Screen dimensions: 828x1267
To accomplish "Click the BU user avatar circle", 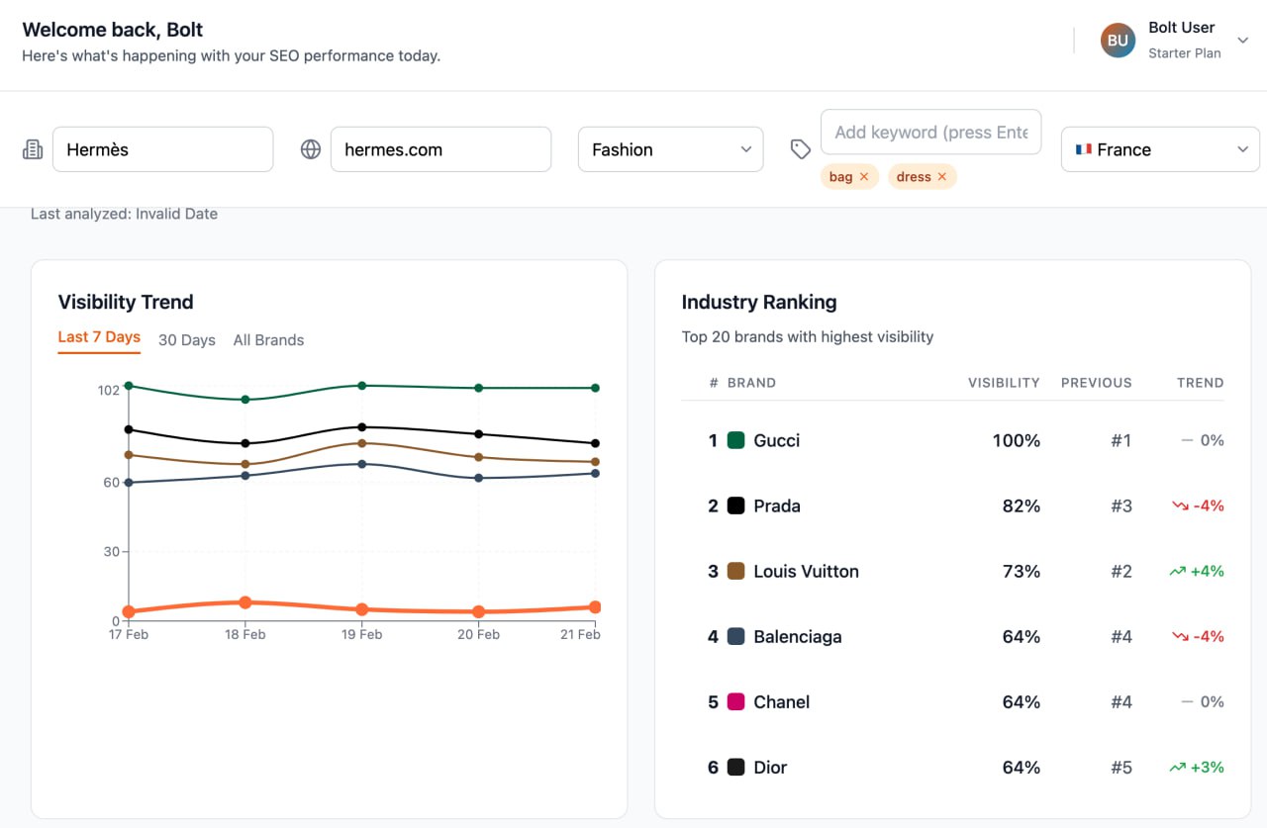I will pyautogui.click(x=1118, y=41).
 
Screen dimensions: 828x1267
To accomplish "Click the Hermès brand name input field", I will pyautogui.click(x=162, y=149).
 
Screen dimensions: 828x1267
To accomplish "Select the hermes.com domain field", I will pyautogui.click(x=440, y=149).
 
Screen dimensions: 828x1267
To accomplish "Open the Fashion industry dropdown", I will pyautogui.click(x=670, y=149).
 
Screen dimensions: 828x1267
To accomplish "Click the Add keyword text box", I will pyautogui.click(x=930, y=132).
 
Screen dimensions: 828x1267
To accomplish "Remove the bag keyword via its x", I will pyautogui.click(x=864, y=177).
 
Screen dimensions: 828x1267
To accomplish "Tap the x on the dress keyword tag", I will pyautogui.click(x=941, y=177).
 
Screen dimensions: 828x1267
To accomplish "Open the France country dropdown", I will pyautogui.click(x=1159, y=149).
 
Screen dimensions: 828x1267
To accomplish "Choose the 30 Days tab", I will pyautogui.click(x=187, y=340).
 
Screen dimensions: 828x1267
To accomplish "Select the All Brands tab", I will pyautogui.click(x=268, y=340).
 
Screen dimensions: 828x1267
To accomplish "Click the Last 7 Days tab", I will pyautogui.click(x=99, y=337).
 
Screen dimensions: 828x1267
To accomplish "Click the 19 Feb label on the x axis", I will pyautogui.click(x=362, y=634).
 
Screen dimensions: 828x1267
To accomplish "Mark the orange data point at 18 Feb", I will pyautogui.click(x=245, y=602).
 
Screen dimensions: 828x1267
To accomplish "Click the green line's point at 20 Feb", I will pyautogui.click(x=479, y=388).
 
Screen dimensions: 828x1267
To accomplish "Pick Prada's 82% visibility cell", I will pyautogui.click(x=1021, y=506).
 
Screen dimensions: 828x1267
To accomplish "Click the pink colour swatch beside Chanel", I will pyautogui.click(x=735, y=701).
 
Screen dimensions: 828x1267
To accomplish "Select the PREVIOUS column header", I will pyautogui.click(x=1096, y=383).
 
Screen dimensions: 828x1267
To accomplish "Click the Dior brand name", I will pyautogui.click(x=770, y=767).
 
